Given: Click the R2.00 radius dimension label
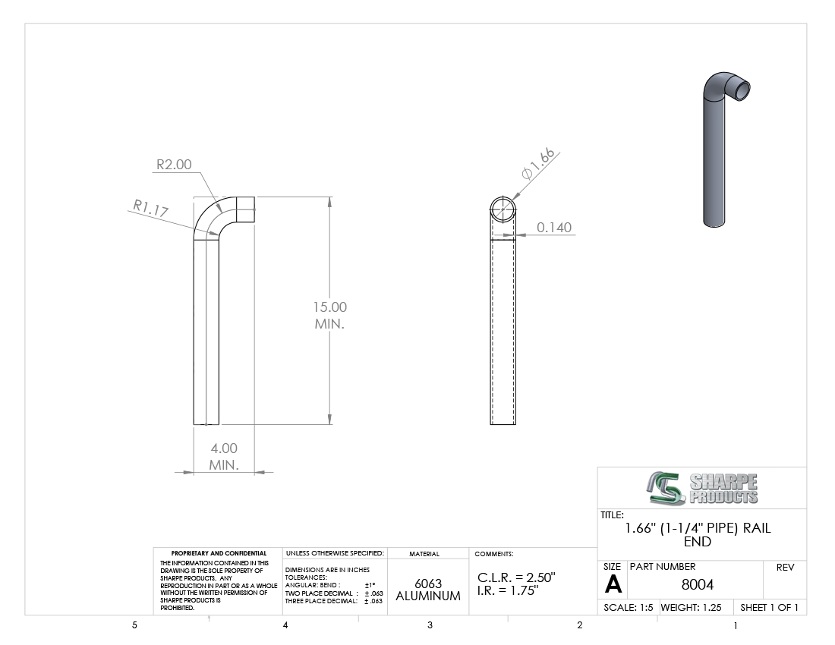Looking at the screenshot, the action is point(174,165).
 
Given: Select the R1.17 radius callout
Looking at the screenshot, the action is point(151,208).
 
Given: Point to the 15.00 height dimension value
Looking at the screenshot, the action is point(329,307).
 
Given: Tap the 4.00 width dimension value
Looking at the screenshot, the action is point(224,448).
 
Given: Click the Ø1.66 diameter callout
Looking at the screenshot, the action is point(538,164).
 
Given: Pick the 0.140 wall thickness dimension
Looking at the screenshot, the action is point(554,227).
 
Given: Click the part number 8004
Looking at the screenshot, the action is point(697,584).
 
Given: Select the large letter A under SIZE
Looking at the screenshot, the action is point(613,585).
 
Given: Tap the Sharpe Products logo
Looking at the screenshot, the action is point(702,488).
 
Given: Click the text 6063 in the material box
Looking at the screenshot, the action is point(428,584).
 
